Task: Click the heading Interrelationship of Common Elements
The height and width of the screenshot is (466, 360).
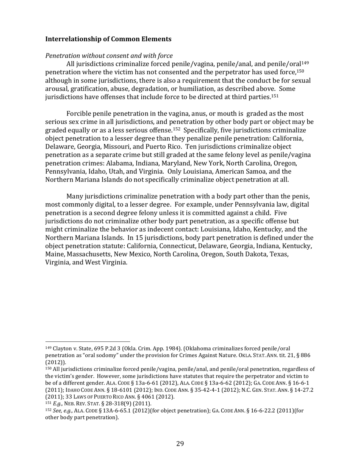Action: click(x=108, y=39)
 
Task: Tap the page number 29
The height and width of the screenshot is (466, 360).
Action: click(x=180, y=444)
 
